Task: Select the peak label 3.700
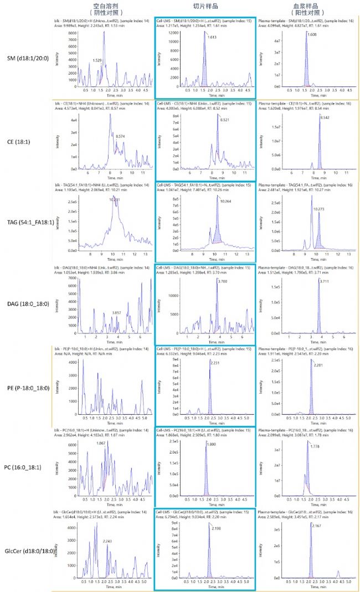point(223,282)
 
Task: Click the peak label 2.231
point(215,363)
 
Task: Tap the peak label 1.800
point(212,445)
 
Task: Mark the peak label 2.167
point(317,527)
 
